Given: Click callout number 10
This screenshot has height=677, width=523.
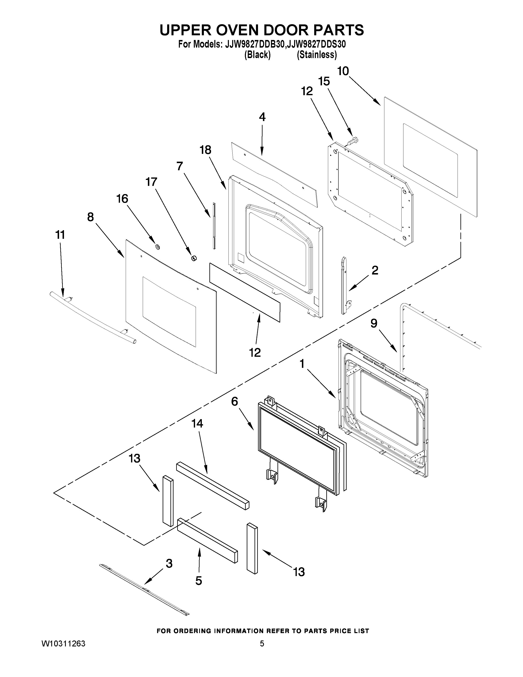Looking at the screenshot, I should coord(343,71).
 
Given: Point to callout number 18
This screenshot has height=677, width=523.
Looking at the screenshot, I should coord(206,150).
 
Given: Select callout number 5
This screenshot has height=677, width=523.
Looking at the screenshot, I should coord(199,581).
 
